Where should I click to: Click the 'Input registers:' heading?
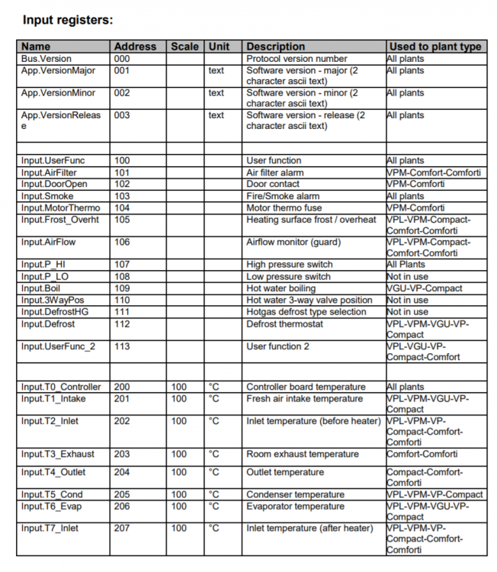pos(69,20)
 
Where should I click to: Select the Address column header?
pos(135,47)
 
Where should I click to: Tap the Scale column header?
pos(184,47)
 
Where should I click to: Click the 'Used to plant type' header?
pos(434,47)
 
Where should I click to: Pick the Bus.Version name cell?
pos(47,59)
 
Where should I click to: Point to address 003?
pos(122,115)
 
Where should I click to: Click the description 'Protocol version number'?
pos(297,59)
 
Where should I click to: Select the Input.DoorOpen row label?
pos(54,184)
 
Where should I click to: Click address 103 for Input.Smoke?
pos(122,196)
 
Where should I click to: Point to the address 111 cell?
pos(122,312)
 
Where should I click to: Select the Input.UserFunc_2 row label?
pos(59,346)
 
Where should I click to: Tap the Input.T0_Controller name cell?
pos(61,387)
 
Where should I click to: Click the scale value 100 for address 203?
pos(178,454)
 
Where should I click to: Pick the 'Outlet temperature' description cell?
pos(285,472)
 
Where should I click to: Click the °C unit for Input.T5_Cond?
pos(214,494)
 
